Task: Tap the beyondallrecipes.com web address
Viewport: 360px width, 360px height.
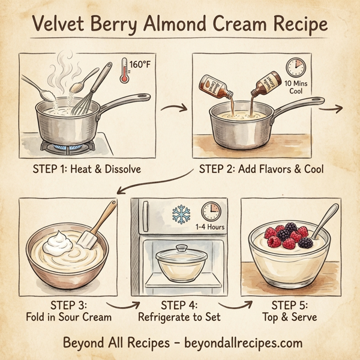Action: click(234, 343)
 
